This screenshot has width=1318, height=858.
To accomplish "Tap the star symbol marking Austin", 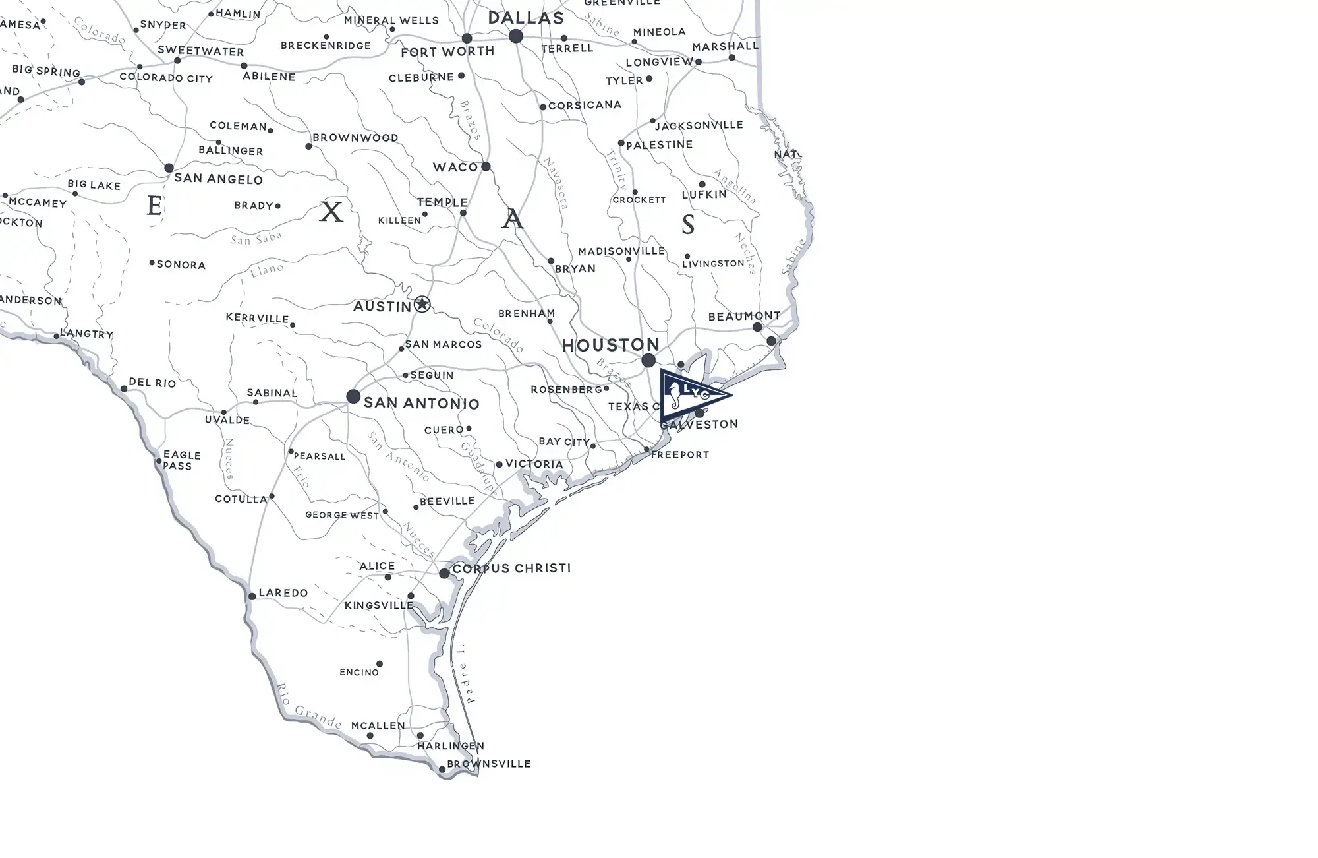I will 422,305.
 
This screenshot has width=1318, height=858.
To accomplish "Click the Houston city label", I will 610,345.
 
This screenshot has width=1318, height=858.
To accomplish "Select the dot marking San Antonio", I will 353,396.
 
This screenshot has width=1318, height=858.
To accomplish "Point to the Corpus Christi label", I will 511,568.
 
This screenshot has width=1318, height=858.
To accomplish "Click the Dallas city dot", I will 516,36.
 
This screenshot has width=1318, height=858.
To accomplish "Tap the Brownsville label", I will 488,764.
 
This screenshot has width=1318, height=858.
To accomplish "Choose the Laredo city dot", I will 252,596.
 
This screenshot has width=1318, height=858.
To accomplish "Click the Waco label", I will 455,168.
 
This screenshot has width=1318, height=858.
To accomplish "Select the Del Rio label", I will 152,383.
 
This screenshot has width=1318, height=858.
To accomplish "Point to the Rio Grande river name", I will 308,706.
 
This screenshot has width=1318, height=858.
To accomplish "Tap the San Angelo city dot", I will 169,168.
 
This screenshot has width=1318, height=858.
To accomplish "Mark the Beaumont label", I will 744,317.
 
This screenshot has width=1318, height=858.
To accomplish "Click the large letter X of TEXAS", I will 331,212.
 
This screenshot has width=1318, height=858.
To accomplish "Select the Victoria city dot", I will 499,465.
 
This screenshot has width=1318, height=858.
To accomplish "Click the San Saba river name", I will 256,238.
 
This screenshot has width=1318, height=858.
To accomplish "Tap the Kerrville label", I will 257,318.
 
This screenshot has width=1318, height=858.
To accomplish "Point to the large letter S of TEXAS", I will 688,225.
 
